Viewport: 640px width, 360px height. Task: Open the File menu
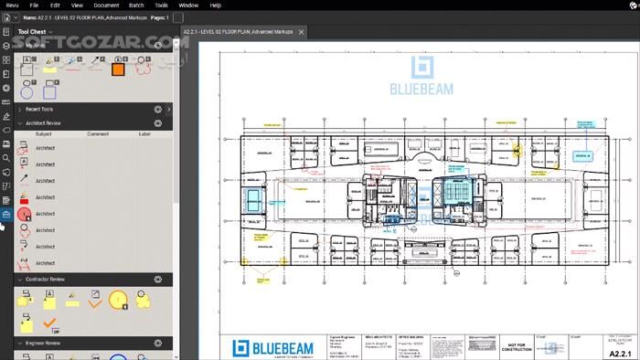(34, 5)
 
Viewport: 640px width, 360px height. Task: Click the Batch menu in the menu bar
(136, 5)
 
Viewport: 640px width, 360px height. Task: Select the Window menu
(188, 5)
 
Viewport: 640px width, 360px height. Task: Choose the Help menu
(215, 5)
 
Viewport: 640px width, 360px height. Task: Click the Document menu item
(106, 5)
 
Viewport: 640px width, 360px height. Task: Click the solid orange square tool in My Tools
(118, 68)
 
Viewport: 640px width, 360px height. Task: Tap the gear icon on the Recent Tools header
(157, 109)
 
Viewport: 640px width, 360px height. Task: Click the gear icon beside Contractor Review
(157, 279)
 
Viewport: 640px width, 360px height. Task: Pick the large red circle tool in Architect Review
(25, 214)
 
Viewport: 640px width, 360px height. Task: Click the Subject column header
(43, 133)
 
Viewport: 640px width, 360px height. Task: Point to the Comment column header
(98, 133)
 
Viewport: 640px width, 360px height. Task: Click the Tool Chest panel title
(32, 31)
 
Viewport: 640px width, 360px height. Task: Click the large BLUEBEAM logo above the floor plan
(425, 78)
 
